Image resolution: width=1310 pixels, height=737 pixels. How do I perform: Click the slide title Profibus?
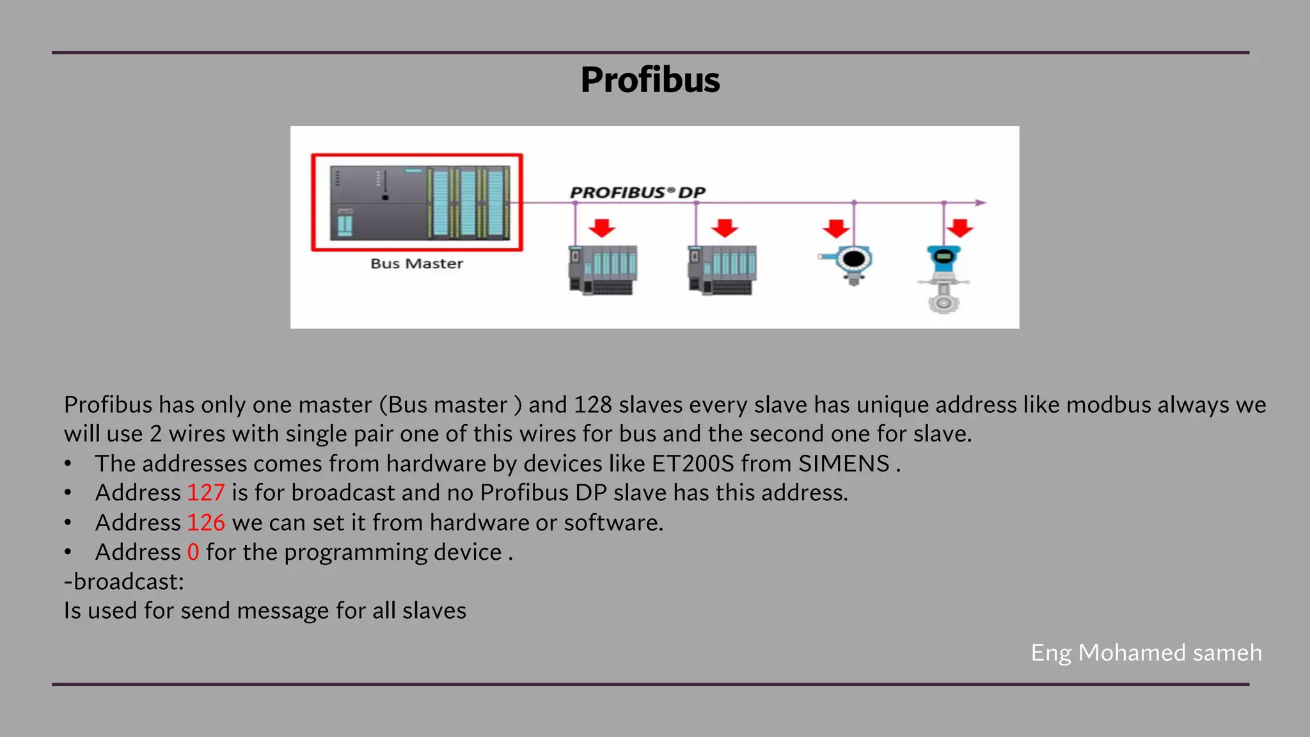pyautogui.click(x=650, y=80)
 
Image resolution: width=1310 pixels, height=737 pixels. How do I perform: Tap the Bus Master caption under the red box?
pyautogui.click(x=416, y=264)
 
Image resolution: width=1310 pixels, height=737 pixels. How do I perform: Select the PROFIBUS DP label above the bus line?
pyautogui.click(x=637, y=192)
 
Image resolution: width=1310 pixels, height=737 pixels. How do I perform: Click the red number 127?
pyautogui.click(x=205, y=493)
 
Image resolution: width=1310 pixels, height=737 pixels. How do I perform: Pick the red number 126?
pyautogui.click(x=205, y=523)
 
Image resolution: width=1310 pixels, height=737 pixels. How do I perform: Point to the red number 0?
pyautogui.click(x=193, y=552)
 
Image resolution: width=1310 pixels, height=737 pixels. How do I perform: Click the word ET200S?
pyautogui.click(x=693, y=463)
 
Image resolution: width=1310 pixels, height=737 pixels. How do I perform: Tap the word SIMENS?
pyautogui.click(x=844, y=463)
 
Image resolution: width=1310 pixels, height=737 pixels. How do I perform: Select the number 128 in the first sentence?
pyautogui.click(x=592, y=404)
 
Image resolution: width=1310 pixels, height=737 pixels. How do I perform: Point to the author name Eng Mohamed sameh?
pyautogui.click(x=1146, y=653)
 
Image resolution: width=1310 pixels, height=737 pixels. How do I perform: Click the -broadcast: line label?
pyautogui.click(x=124, y=582)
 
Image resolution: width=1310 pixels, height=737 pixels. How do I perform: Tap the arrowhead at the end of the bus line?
pyautogui.click(x=981, y=203)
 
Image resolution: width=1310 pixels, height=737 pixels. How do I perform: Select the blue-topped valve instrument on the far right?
pyautogui.click(x=943, y=278)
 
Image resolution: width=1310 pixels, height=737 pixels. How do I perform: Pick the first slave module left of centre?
pyautogui.click(x=603, y=269)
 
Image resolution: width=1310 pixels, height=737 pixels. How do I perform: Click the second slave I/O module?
pyautogui.click(x=722, y=269)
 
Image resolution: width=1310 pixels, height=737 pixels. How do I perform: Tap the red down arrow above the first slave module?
pyautogui.click(x=602, y=228)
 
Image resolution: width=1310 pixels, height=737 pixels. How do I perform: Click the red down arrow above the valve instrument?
pyautogui.click(x=960, y=228)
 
